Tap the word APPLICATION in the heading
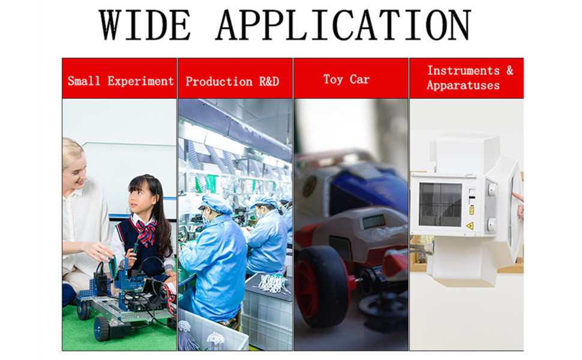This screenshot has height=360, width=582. click(x=343, y=25)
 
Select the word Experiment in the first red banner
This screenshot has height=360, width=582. click(x=140, y=81)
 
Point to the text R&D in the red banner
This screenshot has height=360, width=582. click(x=269, y=81)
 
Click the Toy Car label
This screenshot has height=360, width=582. click(x=346, y=79)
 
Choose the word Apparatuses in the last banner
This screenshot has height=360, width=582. click(x=463, y=85)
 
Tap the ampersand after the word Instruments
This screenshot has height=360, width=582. click(x=509, y=70)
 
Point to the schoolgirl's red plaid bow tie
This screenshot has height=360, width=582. click(x=146, y=229)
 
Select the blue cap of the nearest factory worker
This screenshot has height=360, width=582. click(x=216, y=203)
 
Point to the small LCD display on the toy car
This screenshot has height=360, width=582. click(x=374, y=221)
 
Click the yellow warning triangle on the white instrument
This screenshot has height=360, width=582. click(x=470, y=226)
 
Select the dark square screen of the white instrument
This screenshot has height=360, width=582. click(x=440, y=203)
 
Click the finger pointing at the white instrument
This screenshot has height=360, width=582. click(x=518, y=197)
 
